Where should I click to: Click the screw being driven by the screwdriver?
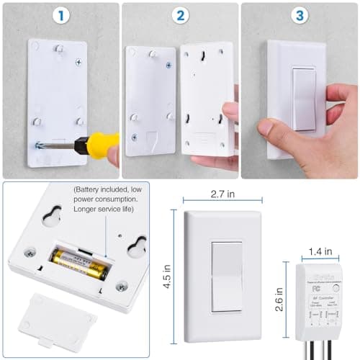point(38,145)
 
